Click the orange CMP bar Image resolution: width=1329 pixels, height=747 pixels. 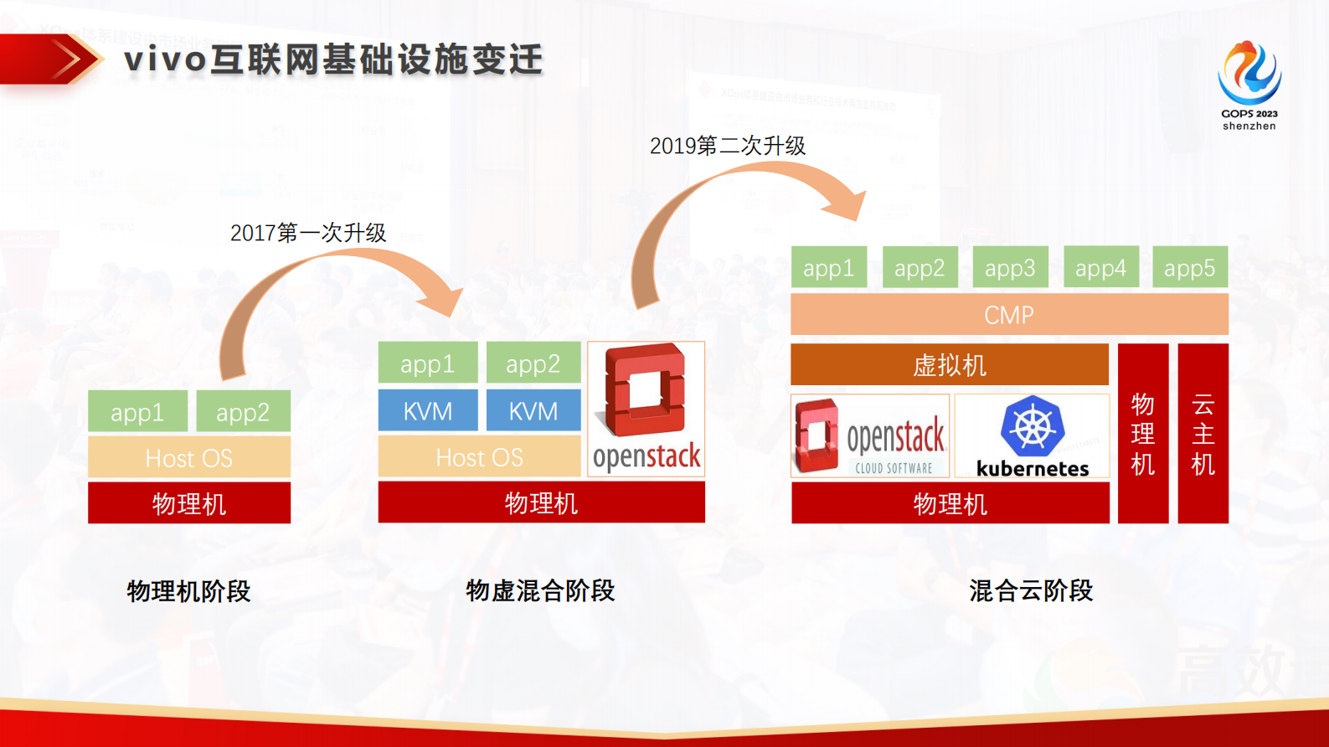pos(1009,315)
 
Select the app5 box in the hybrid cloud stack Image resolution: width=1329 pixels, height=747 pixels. pos(1189,268)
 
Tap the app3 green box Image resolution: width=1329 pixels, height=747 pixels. pos(1009,268)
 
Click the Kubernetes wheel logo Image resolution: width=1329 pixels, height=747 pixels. pos(1032,425)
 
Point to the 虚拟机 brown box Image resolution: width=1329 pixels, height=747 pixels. pos(949,365)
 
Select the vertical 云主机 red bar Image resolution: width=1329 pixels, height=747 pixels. pos(1203,434)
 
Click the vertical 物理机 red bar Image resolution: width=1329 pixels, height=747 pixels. pos(1142,434)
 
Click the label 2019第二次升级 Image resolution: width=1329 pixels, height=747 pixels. pos(727,146)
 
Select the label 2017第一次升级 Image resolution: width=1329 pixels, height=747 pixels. pos(307,233)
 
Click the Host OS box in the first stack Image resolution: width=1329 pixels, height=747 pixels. pos(189,458)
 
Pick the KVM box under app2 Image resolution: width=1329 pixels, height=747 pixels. pos(533,411)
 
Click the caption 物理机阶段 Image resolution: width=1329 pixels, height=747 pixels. pos(188,591)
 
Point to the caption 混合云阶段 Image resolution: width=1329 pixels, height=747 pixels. pos(1030,590)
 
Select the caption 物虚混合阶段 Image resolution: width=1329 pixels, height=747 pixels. pos(540,590)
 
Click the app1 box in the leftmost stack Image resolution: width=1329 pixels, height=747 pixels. pos(137,412)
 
